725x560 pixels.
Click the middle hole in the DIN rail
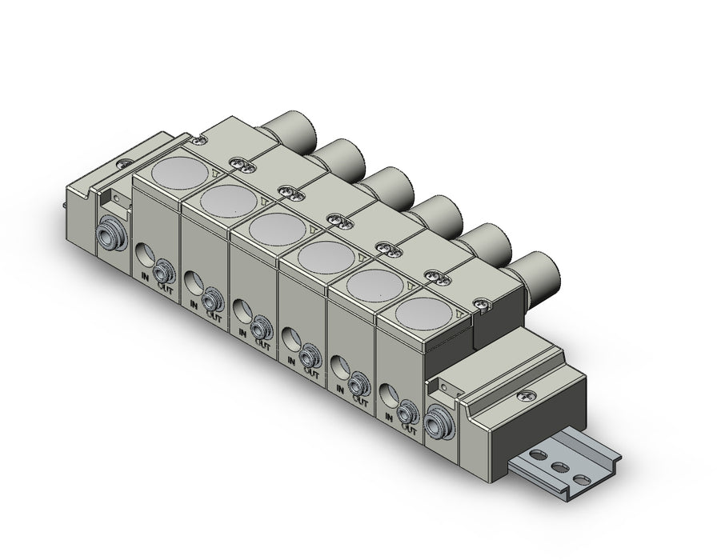pyautogui.click(x=560, y=467)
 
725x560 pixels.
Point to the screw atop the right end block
pyautogui.click(x=527, y=395)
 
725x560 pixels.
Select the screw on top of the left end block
pyautogui.click(x=126, y=162)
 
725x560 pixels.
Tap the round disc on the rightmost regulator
pyautogui.click(x=423, y=314)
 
